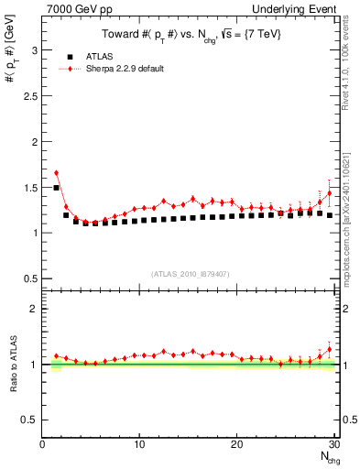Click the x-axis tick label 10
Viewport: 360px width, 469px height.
[x=138, y=444]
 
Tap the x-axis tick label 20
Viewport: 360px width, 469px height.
[x=236, y=444]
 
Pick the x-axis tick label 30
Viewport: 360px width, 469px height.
[x=333, y=444]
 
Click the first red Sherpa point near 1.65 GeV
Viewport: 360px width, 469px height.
[x=56, y=172]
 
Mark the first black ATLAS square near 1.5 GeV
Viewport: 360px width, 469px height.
[x=56, y=187]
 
